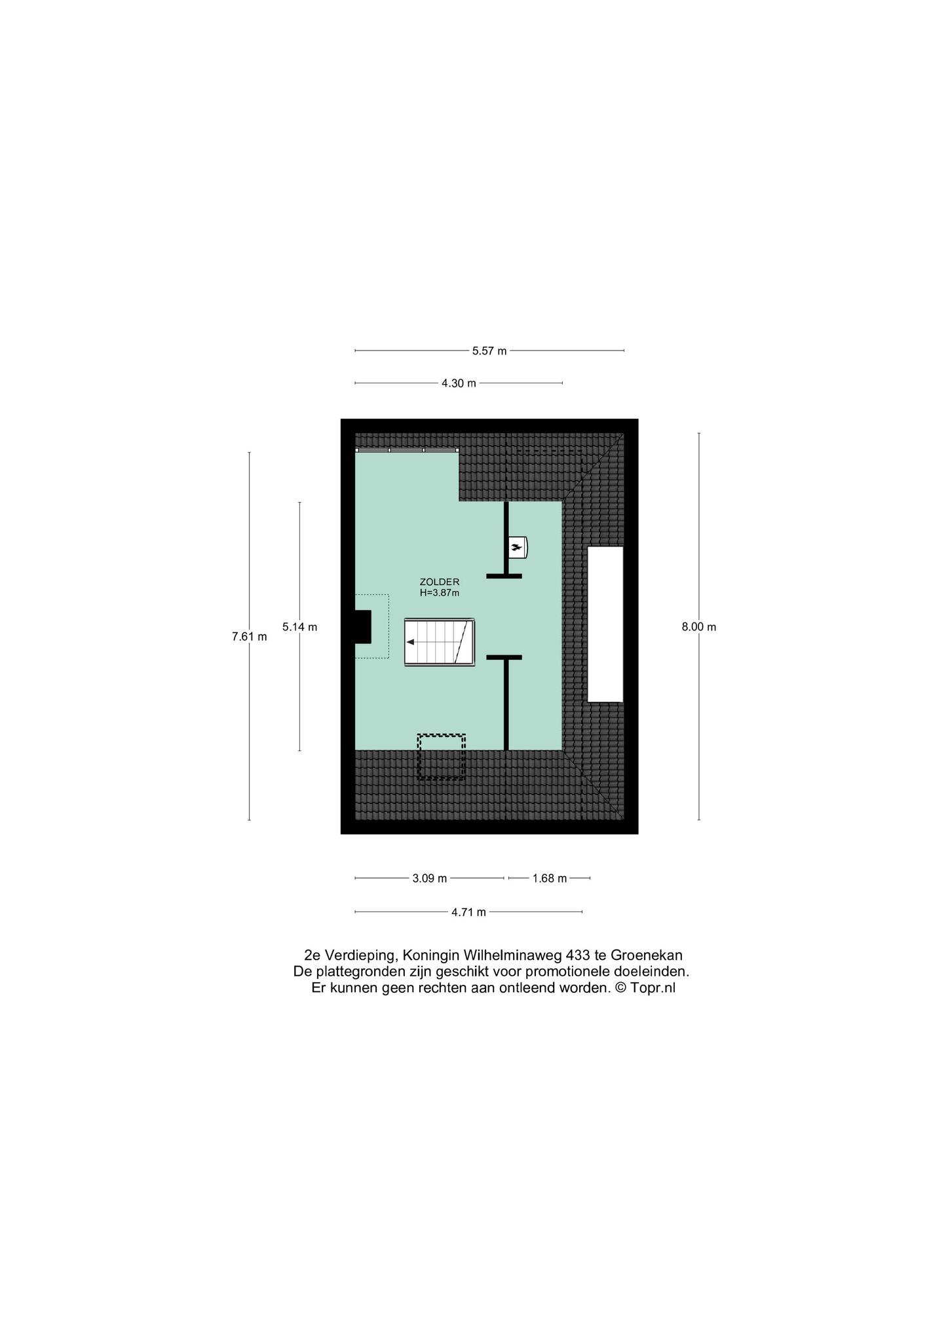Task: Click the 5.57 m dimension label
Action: tap(489, 351)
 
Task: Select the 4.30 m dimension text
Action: tap(459, 383)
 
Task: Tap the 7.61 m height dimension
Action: tap(249, 636)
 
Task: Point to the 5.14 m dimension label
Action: tap(299, 626)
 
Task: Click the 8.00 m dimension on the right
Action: tap(698, 626)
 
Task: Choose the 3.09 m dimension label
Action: tap(430, 878)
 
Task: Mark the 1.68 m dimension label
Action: tap(550, 878)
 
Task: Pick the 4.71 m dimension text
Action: tap(468, 911)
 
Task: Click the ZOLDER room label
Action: tap(440, 582)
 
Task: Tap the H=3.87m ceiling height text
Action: tap(440, 593)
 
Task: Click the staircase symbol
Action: tap(440, 642)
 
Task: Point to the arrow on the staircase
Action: tap(412, 642)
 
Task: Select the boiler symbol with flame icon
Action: tap(518, 547)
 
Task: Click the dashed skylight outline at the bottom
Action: tap(442, 757)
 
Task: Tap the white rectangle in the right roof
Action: tap(605, 624)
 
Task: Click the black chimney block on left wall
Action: tap(363, 626)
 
